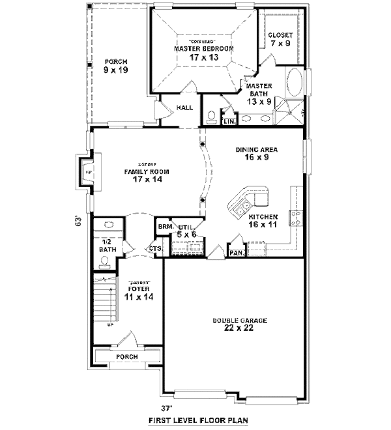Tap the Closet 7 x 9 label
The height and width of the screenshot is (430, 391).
[x=280, y=39]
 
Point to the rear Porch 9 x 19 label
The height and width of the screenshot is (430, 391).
[x=115, y=66]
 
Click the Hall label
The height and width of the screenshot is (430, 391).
[x=184, y=108]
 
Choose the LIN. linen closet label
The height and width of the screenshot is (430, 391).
[x=229, y=121]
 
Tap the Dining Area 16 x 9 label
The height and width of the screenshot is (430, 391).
[x=256, y=153]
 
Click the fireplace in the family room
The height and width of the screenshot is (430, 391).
[x=85, y=173]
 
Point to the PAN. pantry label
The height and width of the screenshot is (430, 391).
[x=235, y=252]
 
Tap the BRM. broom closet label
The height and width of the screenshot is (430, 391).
[x=164, y=227]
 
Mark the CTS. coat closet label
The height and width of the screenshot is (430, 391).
[x=155, y=248]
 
